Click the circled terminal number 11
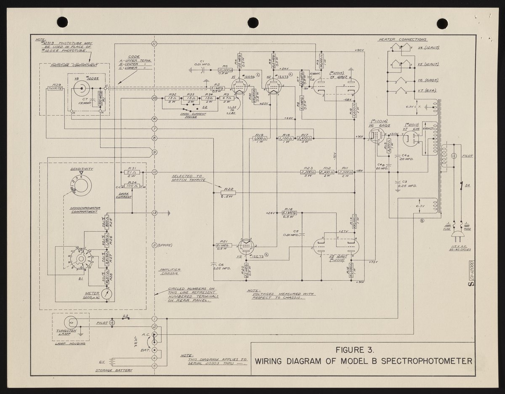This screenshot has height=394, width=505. click(x=154, y=44)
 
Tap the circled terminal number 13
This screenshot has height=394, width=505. click(x=154, y=213)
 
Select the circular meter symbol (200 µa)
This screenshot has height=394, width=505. click(x=108, y=294)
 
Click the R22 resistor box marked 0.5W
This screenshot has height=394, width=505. click(x=228, y=193)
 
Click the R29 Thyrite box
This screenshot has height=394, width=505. click(x=55, y=88)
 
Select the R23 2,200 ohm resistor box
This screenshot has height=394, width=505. click(x=308, y=173)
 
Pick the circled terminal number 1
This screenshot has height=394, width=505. click(x=154, y=319)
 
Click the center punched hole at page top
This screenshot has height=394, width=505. click(x=252, y=22)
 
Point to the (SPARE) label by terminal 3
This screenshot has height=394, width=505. click(x=165, y=245)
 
